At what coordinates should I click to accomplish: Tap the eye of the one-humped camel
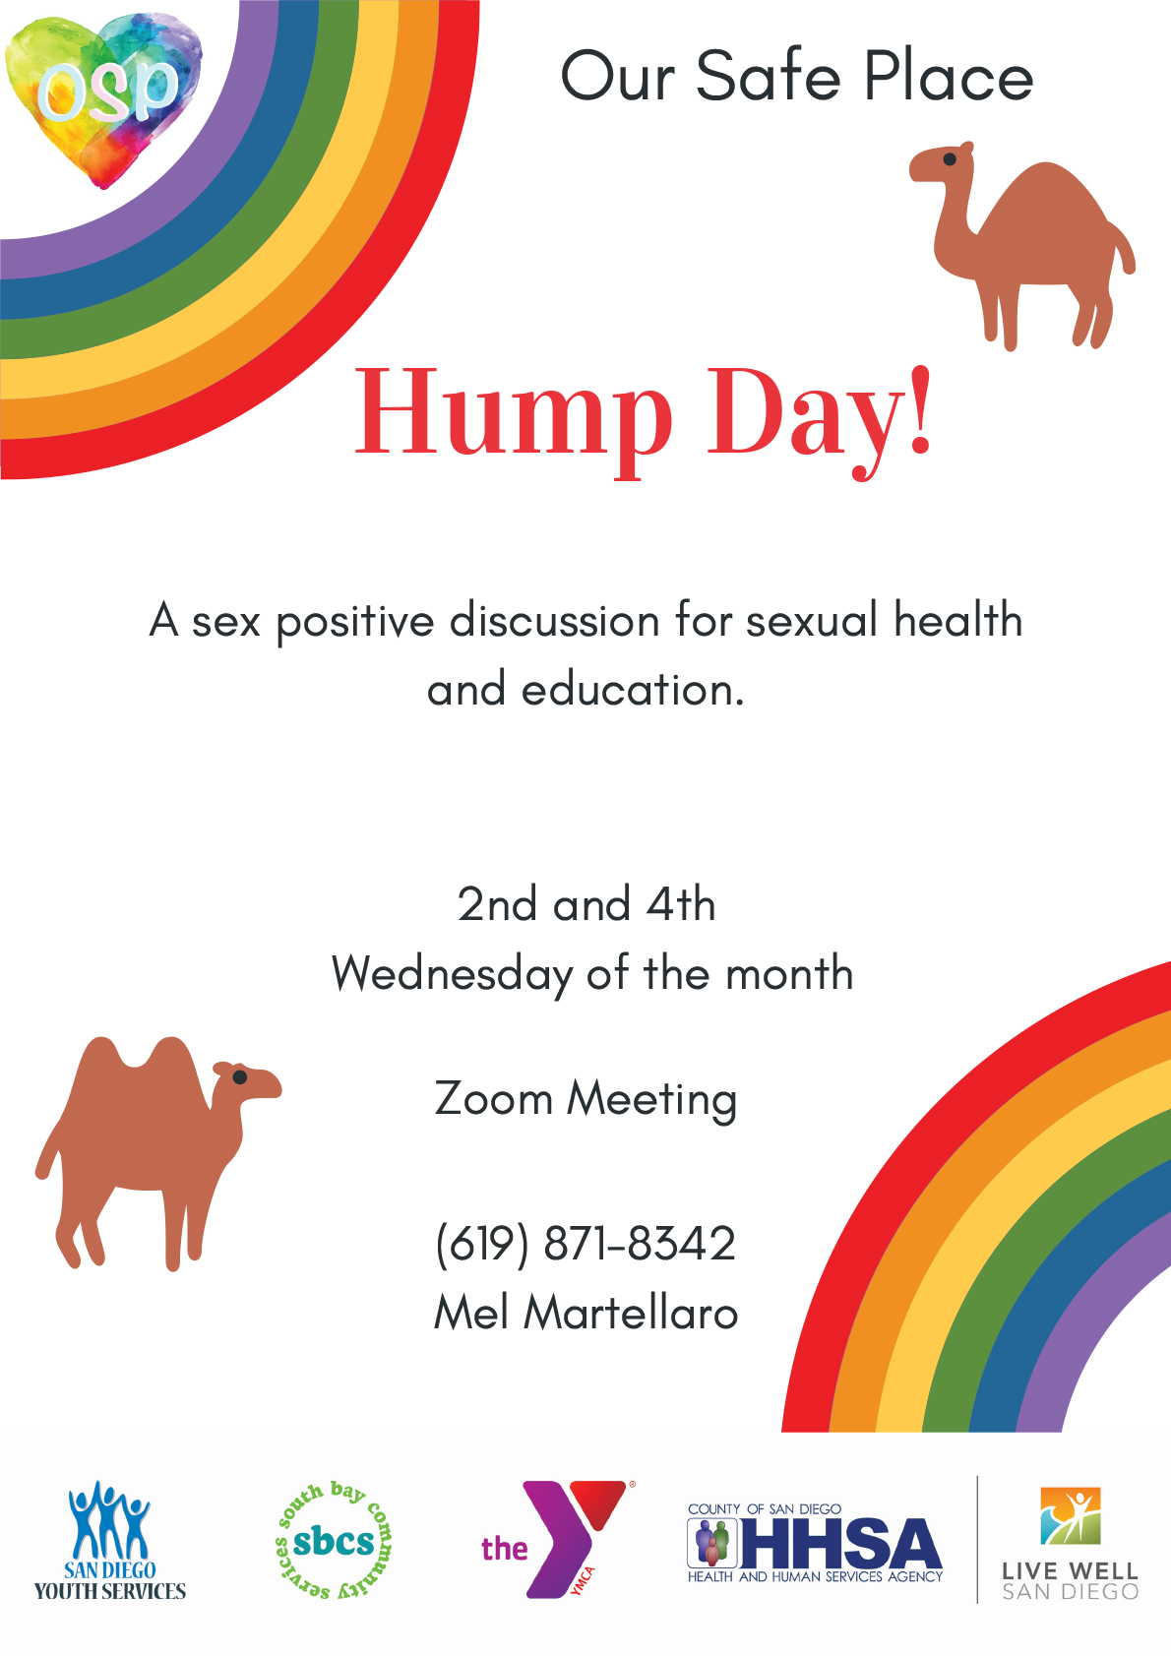(x=950, y=159)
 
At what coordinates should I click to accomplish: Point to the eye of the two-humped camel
(x=239, y=1077)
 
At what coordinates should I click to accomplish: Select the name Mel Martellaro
(x=585, y=1313)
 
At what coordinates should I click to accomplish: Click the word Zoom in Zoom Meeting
(x=493, y=1098)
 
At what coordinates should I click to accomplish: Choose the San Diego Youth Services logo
(x=110, y=1541)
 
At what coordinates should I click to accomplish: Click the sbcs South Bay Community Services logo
(x=334, y=1541)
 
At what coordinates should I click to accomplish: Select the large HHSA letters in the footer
(x=840, y=1542)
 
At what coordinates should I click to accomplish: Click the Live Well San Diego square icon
(x=1071, y=1516)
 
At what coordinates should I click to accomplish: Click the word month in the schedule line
(x=789, y=973)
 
